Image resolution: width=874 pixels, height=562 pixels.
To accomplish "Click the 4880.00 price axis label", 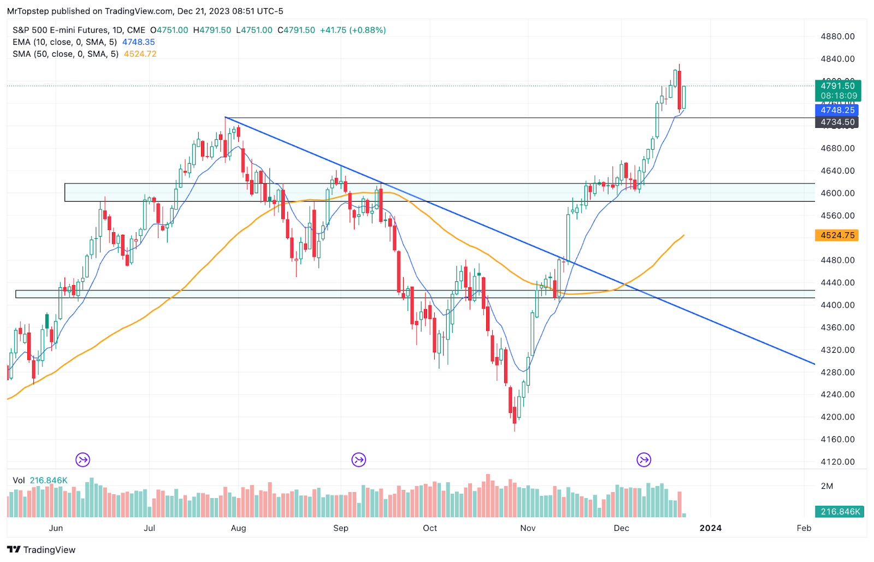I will pos(837,37).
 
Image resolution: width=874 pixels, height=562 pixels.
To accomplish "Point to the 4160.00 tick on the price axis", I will pos(837,439).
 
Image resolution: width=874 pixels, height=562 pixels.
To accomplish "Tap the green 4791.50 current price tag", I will pos(837,86).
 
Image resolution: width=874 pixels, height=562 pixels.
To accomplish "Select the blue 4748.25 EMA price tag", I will pos(837,110).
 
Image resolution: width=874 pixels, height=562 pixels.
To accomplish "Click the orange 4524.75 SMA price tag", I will pos(837,235).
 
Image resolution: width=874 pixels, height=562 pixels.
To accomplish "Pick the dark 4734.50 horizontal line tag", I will pos(837,122).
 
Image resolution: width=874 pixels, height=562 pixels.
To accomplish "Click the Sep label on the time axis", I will pos(341,528).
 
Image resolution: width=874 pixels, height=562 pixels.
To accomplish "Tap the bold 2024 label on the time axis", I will pos(710,528).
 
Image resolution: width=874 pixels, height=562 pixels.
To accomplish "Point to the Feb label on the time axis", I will pos(804,528).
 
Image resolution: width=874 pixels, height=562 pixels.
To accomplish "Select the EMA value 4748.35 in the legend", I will pos(138,42).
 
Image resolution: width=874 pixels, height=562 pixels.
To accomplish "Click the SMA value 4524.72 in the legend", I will pos(140,54).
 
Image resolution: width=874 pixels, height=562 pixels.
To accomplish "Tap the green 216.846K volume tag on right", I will pos(840,512).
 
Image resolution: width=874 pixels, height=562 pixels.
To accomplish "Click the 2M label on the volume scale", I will pos(827,486).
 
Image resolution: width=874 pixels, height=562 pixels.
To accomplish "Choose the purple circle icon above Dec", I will pos(644,460).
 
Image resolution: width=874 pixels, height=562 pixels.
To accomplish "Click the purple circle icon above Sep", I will pos(358,460).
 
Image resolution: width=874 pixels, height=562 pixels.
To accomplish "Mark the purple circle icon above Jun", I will pos(82,460).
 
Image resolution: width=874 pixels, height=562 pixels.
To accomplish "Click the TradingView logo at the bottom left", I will pos(42,549).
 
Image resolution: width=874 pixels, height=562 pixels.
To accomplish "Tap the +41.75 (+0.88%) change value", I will pos(353,30).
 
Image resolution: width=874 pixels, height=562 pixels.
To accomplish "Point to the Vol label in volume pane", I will pos(19,481).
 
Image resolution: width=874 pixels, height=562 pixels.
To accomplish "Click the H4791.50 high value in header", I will pos(212,30).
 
